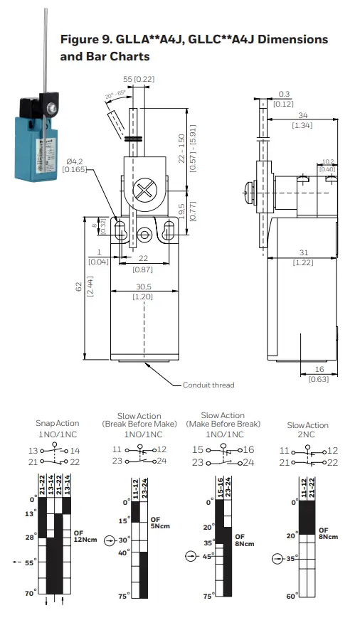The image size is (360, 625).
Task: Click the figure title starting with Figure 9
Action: [194, 47]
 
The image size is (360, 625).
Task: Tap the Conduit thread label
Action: [208, 385]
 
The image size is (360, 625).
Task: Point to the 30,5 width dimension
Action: [144, 288]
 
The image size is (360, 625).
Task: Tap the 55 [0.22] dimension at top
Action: [139, 79]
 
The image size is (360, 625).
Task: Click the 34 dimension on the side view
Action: [303, 115]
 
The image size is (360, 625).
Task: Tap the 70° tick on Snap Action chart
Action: [29, 592]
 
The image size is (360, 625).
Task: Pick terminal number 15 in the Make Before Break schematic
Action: [198, 450]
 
